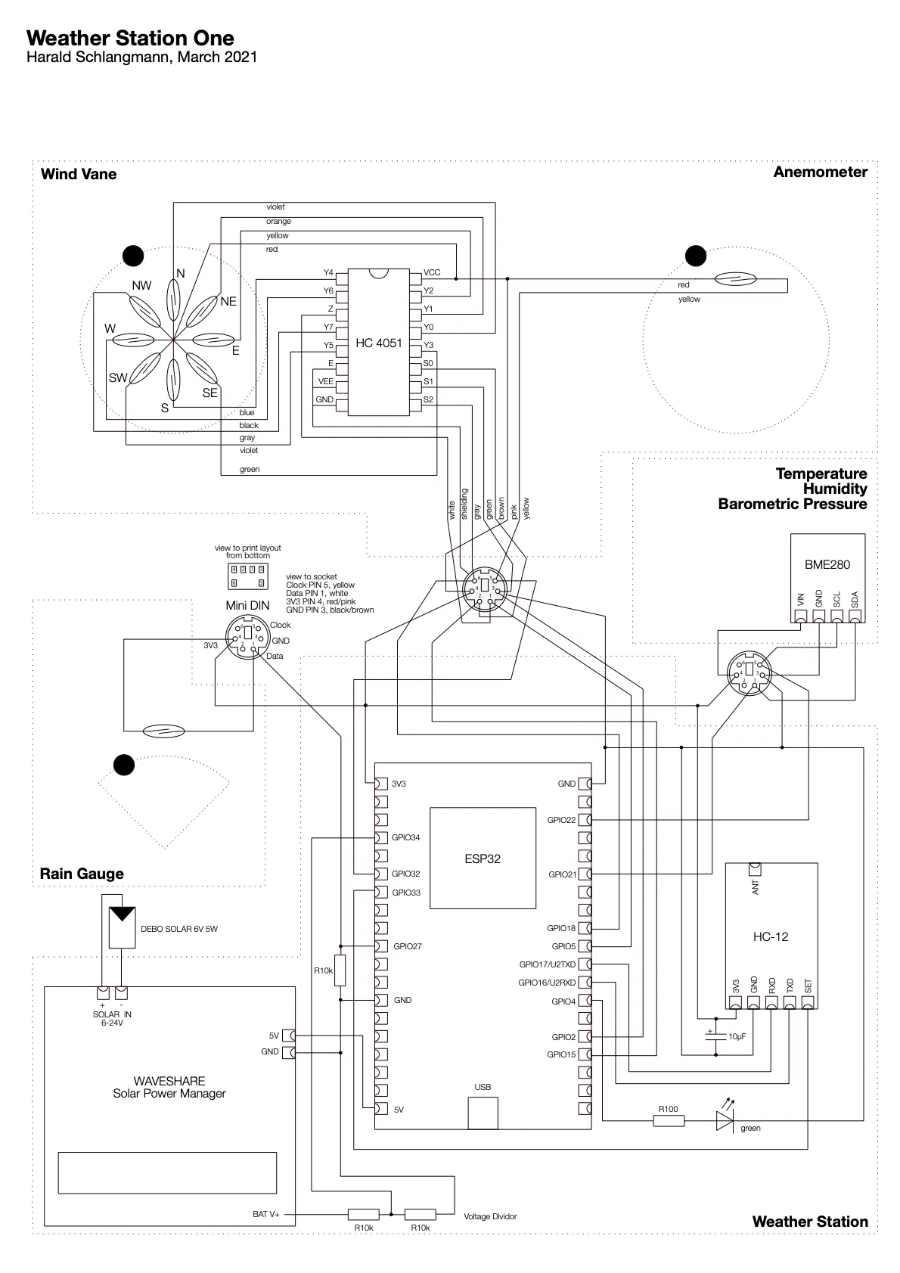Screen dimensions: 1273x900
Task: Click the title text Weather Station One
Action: click(x=130, y=39)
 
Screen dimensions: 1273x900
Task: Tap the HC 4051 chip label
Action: click(x=379, y=343)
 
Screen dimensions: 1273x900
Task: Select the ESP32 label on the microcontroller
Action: click(x=483, y=858)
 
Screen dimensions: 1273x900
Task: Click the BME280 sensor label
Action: click(x=827, y=564)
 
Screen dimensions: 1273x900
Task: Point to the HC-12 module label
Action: click(x=770, y=936)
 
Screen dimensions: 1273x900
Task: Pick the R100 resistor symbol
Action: click(x=669, y=1120)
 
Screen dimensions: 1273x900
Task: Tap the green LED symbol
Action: click(x=725, y=1120)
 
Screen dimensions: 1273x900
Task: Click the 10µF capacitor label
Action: click(x=737, y=1036)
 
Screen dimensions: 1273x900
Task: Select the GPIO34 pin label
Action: click(x=405, y=837)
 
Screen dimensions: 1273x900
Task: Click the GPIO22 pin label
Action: click(x=561, y=820)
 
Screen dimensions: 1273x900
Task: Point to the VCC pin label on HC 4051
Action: click(x=432, y=272)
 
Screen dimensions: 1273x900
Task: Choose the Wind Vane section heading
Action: click(x=79, y=174)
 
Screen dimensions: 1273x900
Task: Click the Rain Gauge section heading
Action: click(x=82, y=874)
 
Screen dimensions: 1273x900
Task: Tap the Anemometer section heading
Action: click(x=820, y=172)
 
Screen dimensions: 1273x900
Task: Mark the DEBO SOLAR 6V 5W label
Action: click(x=179, y=929)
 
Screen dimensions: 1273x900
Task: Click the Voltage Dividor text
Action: click(x=490, y=1216)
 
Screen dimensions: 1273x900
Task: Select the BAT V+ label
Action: click(x=266, y=1214)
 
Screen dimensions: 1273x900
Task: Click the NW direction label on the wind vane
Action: click(x=141, y=285)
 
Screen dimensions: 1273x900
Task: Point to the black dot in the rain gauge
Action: click(x=123, y=765)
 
